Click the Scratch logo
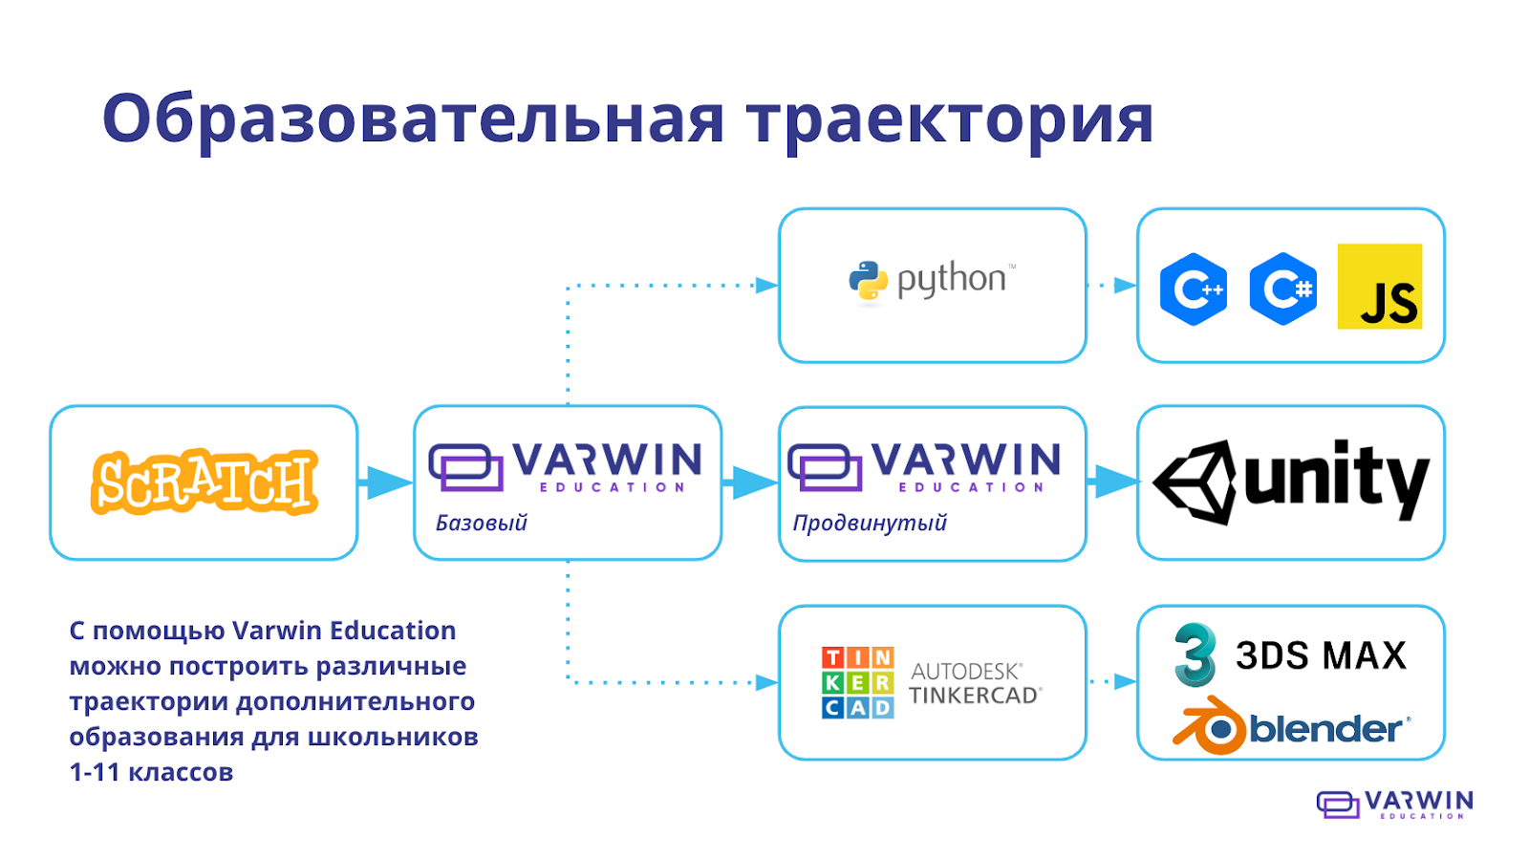click(x=204, y=482)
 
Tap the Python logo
click(x=932, y=281)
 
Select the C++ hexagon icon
click(x=1193, y=289)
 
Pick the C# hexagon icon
click(x=1282, y=289)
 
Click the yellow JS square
click(x=1379, y=287)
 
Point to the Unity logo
click(x=1291, y=482)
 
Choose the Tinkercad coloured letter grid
click(x=857, y=682)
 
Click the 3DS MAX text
click(x=1321, y=655)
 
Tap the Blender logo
click(x=1290, y=728)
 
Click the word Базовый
click(x=481, y=523)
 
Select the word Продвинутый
click(x=870, y=523)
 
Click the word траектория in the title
click(x=950, y=118)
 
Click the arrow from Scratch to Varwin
click(x=386, y=483)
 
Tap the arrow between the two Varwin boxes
click(x=750, y=483)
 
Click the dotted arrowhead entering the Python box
click(x=766, y=285)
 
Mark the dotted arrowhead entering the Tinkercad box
click(x=766, y=682)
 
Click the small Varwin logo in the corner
click(x=1394, y=804)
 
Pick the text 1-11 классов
click(x=151, y=772)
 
